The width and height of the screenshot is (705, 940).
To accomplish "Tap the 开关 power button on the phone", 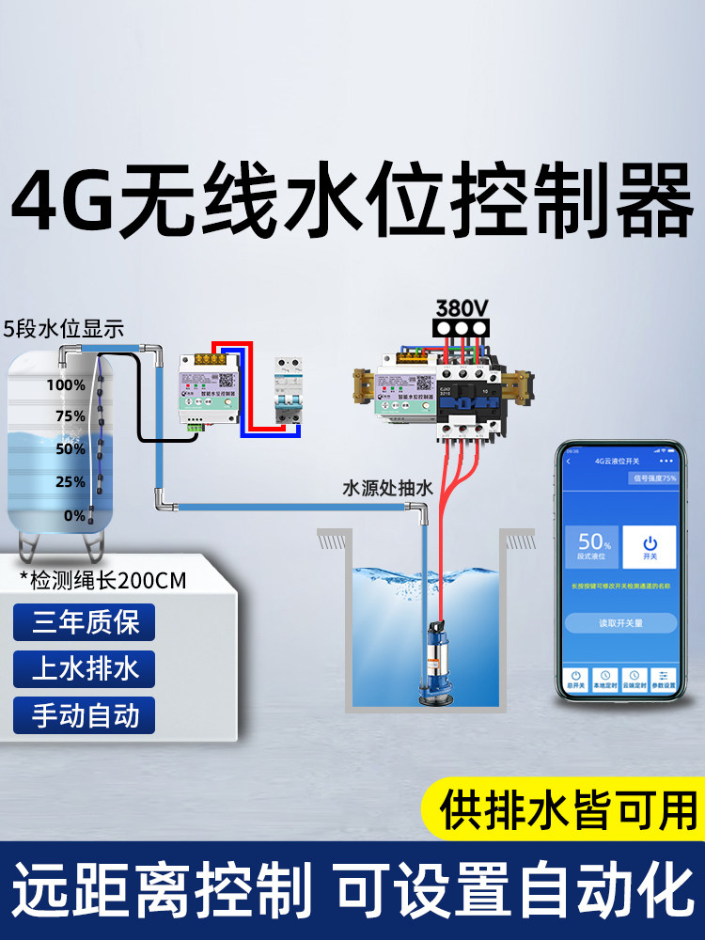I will (650, 548).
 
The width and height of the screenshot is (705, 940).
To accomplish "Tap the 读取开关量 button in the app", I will (621, 623).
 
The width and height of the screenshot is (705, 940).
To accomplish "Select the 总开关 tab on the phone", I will (574, 679).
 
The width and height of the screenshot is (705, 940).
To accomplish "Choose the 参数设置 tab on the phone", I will (666, 679).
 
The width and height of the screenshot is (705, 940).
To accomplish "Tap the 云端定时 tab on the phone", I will (635, 679).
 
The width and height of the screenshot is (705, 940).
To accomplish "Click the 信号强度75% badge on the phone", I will (653, 478).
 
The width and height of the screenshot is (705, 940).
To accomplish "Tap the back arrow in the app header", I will (569, 462).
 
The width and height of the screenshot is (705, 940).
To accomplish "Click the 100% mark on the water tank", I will (66, 384).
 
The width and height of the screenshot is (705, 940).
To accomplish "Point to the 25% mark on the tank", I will (70, 482).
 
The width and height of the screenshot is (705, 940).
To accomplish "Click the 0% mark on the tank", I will (74, 515).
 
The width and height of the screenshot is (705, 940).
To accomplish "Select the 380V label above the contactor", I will (461, 307).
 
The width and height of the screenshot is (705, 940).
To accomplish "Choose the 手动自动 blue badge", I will (85, 715).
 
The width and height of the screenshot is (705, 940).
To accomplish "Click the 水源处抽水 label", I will (387, 489).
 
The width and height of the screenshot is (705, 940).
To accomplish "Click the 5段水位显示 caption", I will (64, 330).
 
